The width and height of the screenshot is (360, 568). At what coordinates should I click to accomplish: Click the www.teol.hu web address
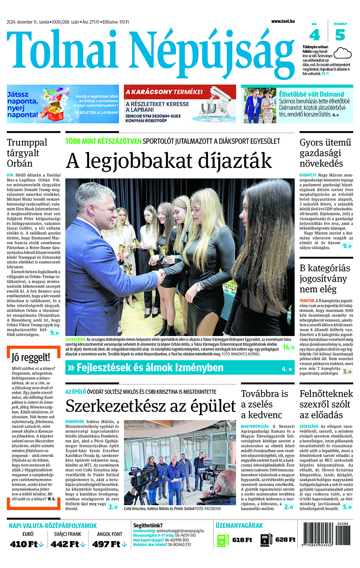(x=283, y=21)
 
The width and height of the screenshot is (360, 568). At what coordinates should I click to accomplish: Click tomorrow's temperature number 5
(x=340, y=35)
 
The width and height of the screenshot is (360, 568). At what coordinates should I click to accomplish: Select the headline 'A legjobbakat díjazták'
(x=168, y=161)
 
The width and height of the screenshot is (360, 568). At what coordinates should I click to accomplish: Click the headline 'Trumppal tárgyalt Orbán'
(x=27, y=153)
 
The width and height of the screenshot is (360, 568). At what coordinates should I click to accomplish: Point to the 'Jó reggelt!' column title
(x=31, y=357)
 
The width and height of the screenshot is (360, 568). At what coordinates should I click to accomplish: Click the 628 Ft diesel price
(x=285, y=540)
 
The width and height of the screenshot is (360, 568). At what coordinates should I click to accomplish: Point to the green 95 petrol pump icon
(x=222, y=540)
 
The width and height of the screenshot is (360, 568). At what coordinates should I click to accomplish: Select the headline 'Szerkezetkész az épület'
(x=150, y=406)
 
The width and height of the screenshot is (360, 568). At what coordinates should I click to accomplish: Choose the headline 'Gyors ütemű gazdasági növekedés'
(x=326, y=153)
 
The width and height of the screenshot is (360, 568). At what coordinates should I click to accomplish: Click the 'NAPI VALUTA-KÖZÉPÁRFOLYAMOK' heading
(x=53, y=526)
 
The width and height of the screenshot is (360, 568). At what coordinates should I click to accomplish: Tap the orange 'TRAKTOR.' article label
(x=307, y=301)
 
